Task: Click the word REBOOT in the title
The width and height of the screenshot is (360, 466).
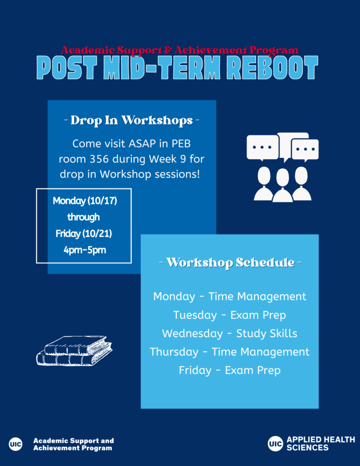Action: [x=272, y=67]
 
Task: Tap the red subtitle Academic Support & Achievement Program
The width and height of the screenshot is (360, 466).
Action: [x=180, y=50]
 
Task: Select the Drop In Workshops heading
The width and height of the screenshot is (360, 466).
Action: [x=132, y=120]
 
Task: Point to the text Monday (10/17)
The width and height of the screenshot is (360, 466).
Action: [x=85, y=201]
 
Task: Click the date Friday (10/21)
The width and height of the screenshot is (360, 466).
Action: [x=84, y=233]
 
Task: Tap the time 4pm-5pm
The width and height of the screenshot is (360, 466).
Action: [x=85, y=250]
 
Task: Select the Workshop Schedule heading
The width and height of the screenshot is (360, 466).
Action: [x=230, y=263]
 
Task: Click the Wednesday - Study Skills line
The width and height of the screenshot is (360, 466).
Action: [x=229, y=334]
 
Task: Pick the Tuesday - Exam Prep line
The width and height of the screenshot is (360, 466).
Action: [x=229, y=315]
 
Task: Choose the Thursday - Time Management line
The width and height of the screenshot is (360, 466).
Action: [x=229, y=352]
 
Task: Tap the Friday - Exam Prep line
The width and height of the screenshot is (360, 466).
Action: [x=229, y=370]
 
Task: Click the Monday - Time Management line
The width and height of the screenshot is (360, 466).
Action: [x=229, y=297]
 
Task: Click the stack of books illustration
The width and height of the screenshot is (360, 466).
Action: [x=74, y=351]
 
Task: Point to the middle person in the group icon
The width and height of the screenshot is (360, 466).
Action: [x=283, y=186]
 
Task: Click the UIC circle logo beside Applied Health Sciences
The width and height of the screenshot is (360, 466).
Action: [x=275, y=444]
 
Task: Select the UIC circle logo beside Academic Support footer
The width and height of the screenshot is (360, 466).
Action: [x=15, y=444]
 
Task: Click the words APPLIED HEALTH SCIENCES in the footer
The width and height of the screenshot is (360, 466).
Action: [x=321, y=444]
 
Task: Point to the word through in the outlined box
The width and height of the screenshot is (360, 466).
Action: [x=84, y=217]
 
